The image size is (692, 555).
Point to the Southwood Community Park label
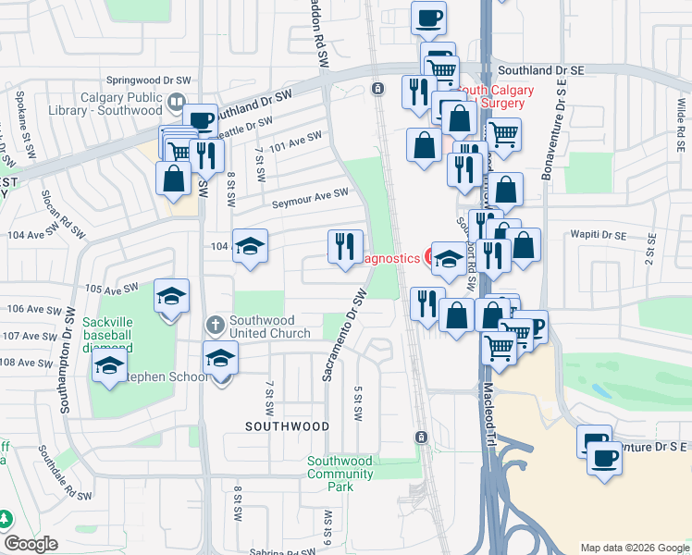click(x=340, y=467)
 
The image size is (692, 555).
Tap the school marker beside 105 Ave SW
click(x=171, y=296)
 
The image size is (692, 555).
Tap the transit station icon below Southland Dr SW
click(x=377, y=89)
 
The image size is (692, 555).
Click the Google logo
click(x=31, y=544)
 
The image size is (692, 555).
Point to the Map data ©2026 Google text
click(x=633, y=548)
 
